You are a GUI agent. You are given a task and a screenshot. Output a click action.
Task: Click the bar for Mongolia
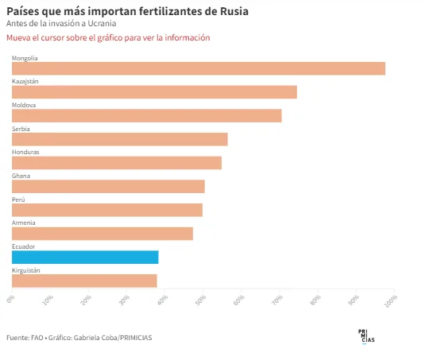pyautogui.click(x=199, y=68)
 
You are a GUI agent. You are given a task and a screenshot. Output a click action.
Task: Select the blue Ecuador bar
pyautogui.click(x=85, y=257)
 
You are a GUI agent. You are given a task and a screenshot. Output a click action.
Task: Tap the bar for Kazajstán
pyautogui.click(x=154, y=92)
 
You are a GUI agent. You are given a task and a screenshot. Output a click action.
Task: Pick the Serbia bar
pyautogui.click(x=120, y=139)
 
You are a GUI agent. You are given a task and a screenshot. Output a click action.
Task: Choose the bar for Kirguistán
pyautogui.click(x=84, y=281)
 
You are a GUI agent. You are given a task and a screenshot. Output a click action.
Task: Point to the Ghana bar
pyautogui.click(x=108, y=186)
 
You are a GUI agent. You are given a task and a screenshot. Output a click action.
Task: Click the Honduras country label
pyautogui.click(x=25, y=152)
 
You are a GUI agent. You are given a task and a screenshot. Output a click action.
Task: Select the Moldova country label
pyautogui.click(x=24, y=105)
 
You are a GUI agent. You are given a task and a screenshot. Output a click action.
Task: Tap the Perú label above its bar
pyautogui.click(x=18, y=199)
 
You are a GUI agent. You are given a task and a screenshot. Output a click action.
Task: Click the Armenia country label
pyautogui.click(x=24, y=223)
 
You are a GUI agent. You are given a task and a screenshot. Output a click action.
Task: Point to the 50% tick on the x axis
pyautogui.click(x=201, y=300)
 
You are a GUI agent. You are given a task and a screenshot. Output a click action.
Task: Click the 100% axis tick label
pyautogui.click(x=391, y=300)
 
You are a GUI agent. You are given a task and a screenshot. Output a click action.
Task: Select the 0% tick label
pyautogui.click(x=10, y=299)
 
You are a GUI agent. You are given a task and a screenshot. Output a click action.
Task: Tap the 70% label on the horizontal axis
pyautogui.click(x=277, y=300)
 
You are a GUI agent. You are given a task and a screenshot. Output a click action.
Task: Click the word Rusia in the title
pyautogui.click(x=234, y=11)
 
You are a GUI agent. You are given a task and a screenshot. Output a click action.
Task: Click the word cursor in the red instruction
pyautogui.click(x=52, y=37)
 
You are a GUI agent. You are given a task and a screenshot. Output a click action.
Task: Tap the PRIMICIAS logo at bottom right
pyautogui.click(x=366, y=336)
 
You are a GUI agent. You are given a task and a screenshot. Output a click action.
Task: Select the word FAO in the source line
pyautogui.click(x=37, y=338)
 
